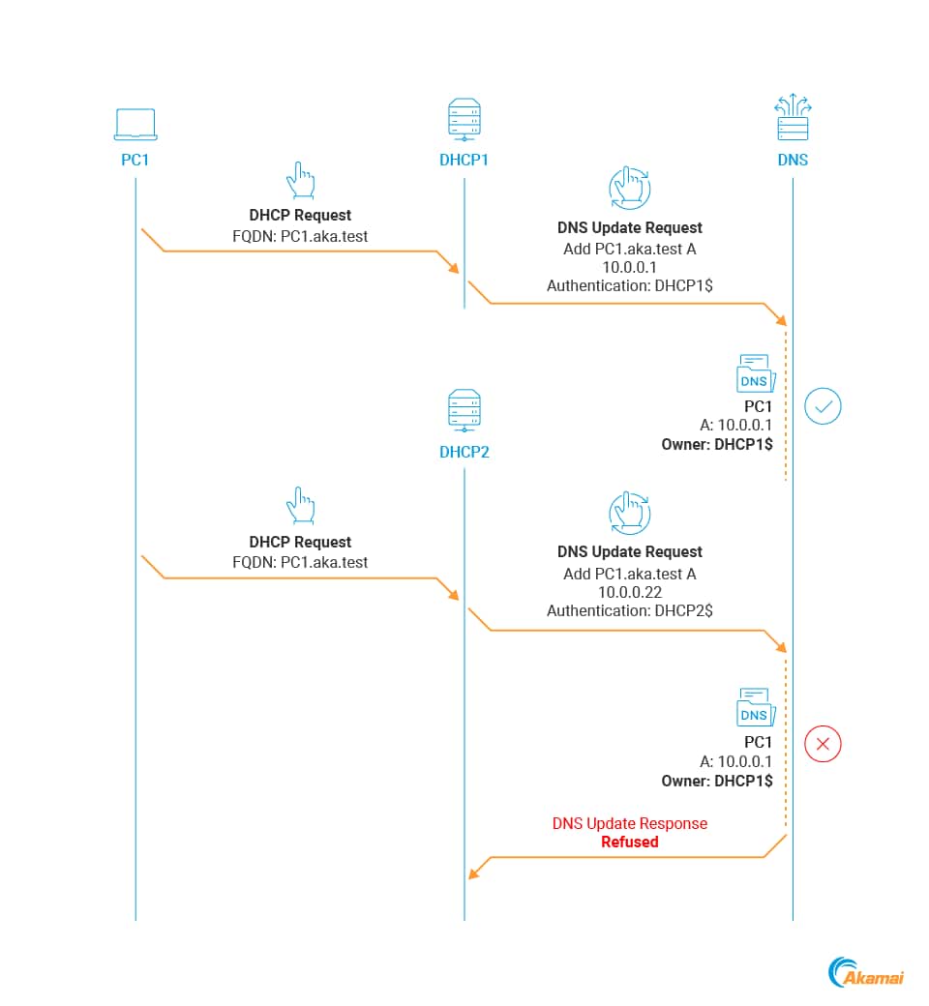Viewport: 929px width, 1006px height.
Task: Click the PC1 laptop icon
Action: coord(135,124)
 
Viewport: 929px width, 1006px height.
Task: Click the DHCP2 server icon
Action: coord(464,410)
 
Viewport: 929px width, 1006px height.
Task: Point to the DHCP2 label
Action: coord(464,452)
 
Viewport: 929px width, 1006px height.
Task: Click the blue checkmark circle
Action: coord(823,406)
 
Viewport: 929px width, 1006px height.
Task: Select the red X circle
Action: coord(823,744)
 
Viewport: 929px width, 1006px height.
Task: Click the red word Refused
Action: coord(629,843)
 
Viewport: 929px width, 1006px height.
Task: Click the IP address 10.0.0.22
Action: coord(629,592)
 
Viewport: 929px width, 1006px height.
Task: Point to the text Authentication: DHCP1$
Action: coord(629,286)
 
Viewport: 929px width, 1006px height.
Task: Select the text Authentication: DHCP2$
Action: coord(629,610)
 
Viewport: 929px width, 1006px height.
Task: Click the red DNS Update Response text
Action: coord(629,824)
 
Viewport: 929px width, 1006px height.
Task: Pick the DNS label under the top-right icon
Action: coord(793,161)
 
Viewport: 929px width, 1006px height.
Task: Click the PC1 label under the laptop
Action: coord(135,161)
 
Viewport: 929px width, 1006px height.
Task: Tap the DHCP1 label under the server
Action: coord(464,161)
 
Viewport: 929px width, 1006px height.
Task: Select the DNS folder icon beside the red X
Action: coord(753,708)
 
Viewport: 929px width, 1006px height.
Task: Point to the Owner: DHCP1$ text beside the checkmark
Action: coord(716,445)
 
